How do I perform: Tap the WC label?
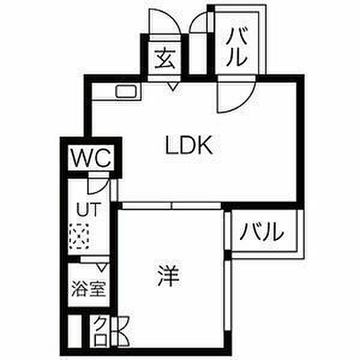pyautogui.click(x=91, y=159)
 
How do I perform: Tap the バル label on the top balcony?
pyautogui.click(x=237, y=48)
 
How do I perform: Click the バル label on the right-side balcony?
pyautogui.click(x=262, y=231)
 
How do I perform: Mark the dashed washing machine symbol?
pyautogui.click(x=79, y=236)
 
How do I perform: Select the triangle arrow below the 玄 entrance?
pyautogui.click(x=173, y=88)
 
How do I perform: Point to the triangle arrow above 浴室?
pyautogui.click(x=102, y=265)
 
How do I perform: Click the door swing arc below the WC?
pyautogui.click(x=98, y=182)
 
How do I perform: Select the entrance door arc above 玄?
pyautogui.click(x=163, y=23)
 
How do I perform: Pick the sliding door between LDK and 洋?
pyautogui.click(x=171, y=205)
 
